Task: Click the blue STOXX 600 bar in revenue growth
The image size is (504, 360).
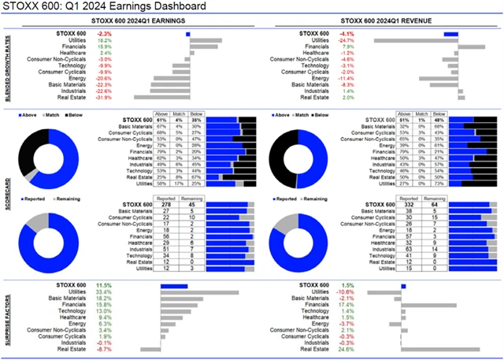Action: click(x=451, y=34)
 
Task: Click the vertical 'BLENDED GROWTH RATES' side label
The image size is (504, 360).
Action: click(x=7, y=67)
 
